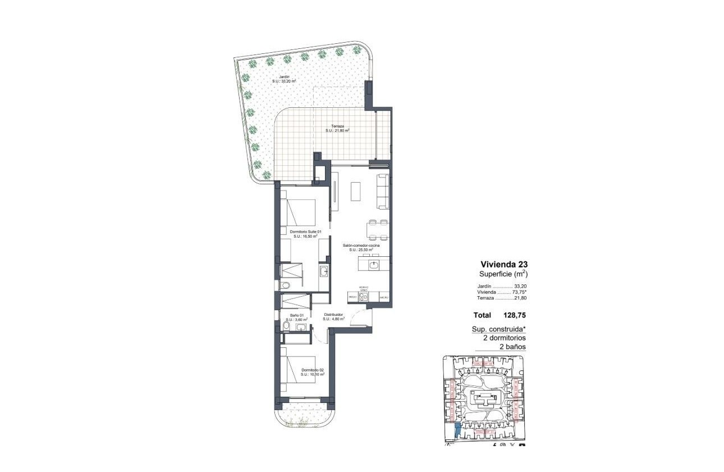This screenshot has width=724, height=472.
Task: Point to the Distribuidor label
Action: tap(333, 315)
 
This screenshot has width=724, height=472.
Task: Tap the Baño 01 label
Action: tap(297, 315)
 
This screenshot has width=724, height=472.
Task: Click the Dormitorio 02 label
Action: tap(313, 370)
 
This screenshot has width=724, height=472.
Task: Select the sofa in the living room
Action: tap(382, 191)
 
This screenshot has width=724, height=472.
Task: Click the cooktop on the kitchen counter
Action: tap(364, 296)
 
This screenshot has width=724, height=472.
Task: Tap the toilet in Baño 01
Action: tap(287, 326)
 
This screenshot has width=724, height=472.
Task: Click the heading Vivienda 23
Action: tap(504, 264)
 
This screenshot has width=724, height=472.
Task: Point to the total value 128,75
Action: tap(515, 315)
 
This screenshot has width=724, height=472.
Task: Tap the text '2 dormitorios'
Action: tap(504, 338)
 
